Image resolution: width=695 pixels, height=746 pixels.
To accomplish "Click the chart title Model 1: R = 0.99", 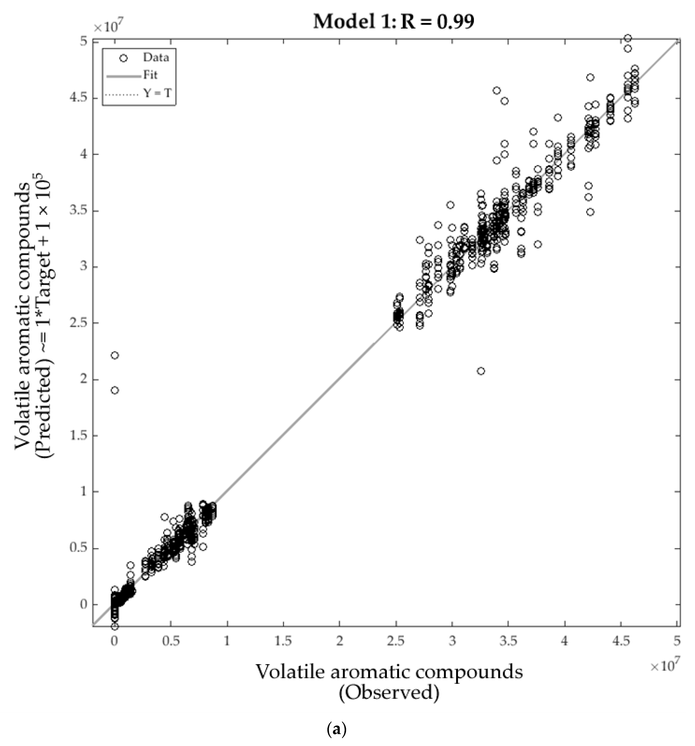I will pyautogui.click(x=393, y=21).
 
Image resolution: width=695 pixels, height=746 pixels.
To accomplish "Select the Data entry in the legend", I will pyautogui.click(x=155, y=58).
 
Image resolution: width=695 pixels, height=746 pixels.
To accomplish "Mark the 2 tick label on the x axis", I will pyautogui.click(x=339, y=641).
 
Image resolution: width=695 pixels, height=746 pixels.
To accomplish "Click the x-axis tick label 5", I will pyautogui.click(x=677, y=641).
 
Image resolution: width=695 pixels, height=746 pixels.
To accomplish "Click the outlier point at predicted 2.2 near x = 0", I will pyautogui.click(x=115, y=355).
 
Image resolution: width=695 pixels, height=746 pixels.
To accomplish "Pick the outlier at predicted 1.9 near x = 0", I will pyautogui.click(x=115, y=390).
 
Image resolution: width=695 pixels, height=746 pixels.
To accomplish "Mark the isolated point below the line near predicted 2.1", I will pyautogui.click(x=481, y=371).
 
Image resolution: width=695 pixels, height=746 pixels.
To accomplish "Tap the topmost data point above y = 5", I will pyautogui.click(x=627, y=38).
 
